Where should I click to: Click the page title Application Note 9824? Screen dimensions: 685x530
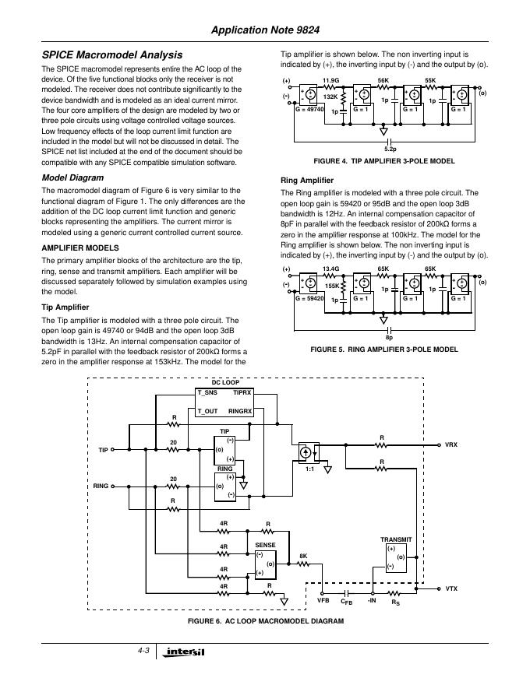[x=283, y=30]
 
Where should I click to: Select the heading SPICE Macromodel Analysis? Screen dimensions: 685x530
[x=111, y=55]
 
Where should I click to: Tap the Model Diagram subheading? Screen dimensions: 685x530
[x=72, y=178]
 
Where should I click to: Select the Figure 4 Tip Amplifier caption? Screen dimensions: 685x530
[x=383, y=161]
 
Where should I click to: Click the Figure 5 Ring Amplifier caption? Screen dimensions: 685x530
[x=384, y=350]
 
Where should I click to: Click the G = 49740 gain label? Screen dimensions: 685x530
[x=309, y=111]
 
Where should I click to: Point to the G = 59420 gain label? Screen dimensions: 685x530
[x=309, y=299]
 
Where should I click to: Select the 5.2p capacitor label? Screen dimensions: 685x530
[x=390, y=147]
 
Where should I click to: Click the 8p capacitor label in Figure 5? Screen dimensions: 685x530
[x=389, y=338]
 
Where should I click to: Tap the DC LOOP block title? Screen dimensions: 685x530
[x=226, y=383]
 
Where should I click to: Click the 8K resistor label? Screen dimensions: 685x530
[x=303, y=555]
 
